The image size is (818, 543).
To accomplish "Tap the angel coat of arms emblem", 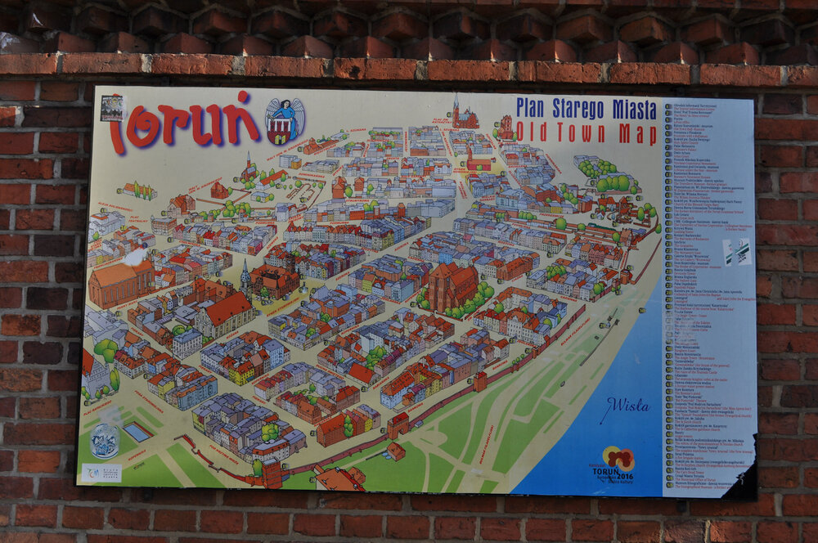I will pos(285,120).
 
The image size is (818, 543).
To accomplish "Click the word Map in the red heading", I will pos(637,133).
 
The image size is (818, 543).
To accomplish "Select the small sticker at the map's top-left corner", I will pos(111,108).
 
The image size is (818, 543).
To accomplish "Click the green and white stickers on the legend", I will pos(737,251).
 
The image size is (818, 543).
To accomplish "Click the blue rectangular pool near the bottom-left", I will pos(137,431).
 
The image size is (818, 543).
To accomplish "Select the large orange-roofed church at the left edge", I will pos(120,282).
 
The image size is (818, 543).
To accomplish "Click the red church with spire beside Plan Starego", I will pos(465,116).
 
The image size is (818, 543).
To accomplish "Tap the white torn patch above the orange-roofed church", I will pos(135,258).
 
